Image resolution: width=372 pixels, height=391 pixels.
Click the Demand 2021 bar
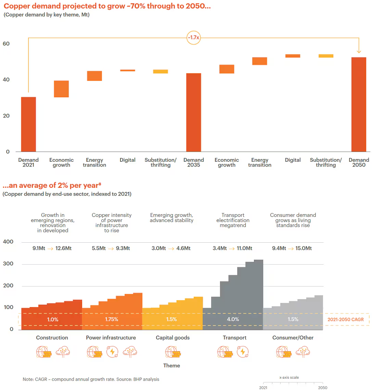[x=28, y=124]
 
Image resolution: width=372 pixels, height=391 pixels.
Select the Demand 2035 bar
[x=194, y=112]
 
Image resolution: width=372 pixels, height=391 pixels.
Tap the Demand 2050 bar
[x=359, y=104]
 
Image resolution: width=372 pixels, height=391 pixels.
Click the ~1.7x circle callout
[x=193, y=38]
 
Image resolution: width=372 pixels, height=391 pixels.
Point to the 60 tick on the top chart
[x=6, y=44]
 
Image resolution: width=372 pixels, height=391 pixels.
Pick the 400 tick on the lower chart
[x=8, y=242]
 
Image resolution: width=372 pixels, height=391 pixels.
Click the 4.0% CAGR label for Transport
[x=233, y=319]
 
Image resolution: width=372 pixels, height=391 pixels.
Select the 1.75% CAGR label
[x=112, y=319]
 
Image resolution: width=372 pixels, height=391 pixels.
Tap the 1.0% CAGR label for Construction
[x=52, y=319]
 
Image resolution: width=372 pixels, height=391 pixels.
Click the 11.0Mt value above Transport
[x=244, y=248]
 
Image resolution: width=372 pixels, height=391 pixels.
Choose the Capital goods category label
[x=172, y=338]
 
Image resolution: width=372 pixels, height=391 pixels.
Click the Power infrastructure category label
[x=111, y=338]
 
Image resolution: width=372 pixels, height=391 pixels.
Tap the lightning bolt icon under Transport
[x=243, y=352]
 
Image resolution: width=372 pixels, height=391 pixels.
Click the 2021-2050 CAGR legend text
[x=346, y=319]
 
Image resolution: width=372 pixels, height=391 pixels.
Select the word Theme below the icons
[x=171, y=366]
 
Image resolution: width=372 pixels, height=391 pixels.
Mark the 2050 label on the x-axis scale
[x=322, y=388]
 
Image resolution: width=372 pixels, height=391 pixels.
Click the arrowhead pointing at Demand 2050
[x=359, y=51]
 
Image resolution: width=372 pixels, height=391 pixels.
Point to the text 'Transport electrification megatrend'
[x=233, y=220]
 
